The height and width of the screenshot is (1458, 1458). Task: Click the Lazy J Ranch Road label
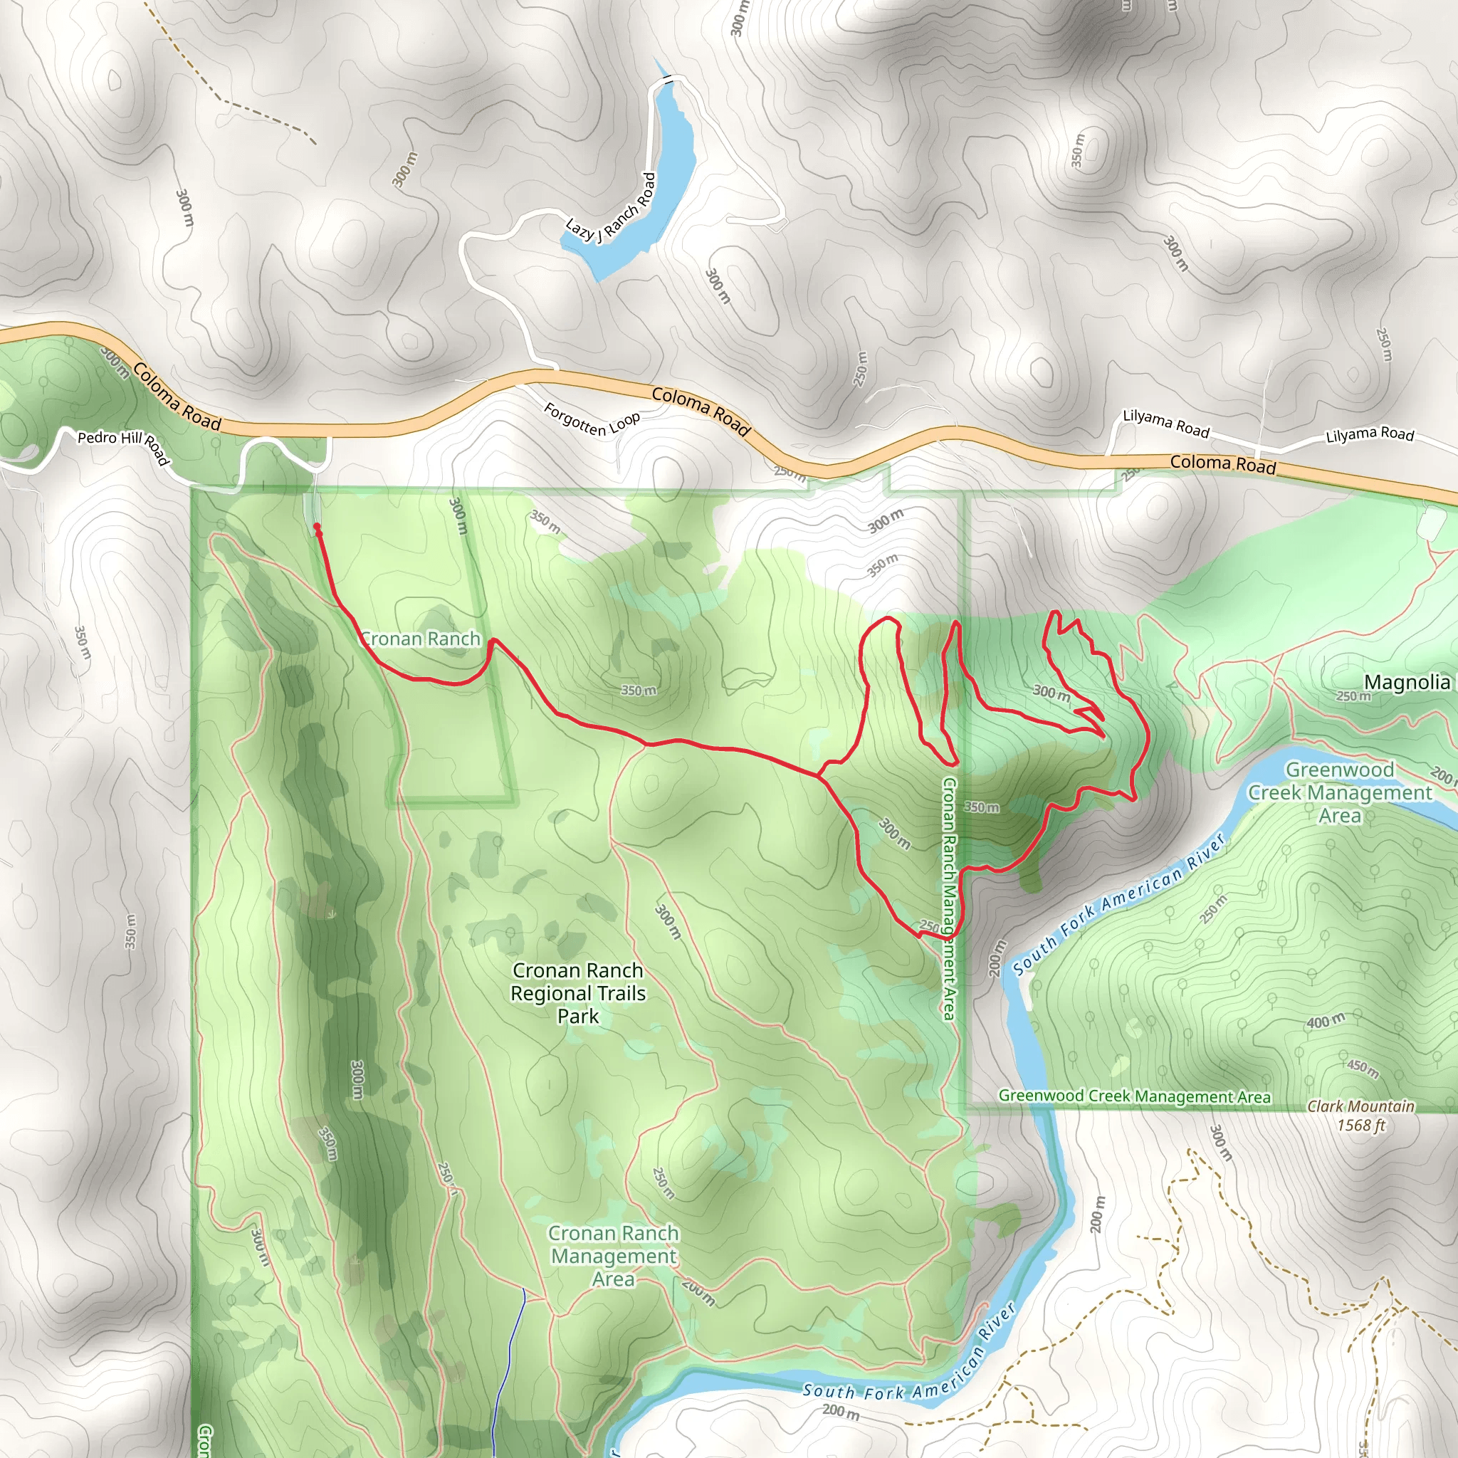coord(612,209)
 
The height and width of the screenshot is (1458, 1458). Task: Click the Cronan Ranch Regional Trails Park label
coord(578,993)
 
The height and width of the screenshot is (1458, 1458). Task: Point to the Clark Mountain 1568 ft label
coord(1360,1116)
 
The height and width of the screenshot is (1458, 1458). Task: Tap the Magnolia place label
coord(1407,682)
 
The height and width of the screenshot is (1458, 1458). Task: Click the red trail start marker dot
coord(317,527)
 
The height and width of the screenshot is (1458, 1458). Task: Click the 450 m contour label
coord(1363,1067)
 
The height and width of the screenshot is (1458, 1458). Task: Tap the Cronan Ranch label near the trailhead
coord(420,639)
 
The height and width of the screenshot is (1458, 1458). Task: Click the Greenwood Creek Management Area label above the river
coord(1340,792)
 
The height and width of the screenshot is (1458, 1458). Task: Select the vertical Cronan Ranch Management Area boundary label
coord(950,898)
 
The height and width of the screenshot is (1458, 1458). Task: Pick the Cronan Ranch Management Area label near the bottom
coord(614,1256)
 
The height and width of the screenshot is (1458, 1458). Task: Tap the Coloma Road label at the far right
coord(1222,463)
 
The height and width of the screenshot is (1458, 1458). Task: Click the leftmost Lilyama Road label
coord(1166,423)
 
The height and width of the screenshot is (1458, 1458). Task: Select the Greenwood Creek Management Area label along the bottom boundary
coord(1134,1096)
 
